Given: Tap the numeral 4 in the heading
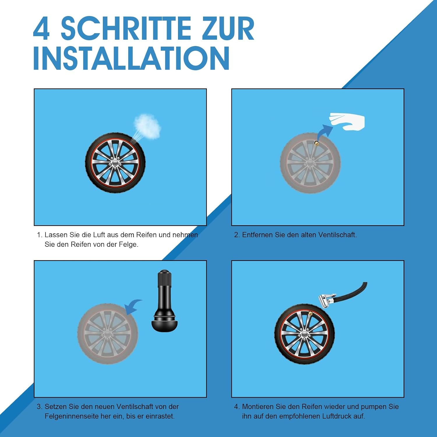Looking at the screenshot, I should click(41, 29).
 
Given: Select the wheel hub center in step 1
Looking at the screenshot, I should click(115, 163).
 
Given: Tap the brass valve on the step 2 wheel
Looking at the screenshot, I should click(316, 143).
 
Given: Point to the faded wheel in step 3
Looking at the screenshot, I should click(108, 334).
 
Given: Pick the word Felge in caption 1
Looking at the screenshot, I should click(128, 244).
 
